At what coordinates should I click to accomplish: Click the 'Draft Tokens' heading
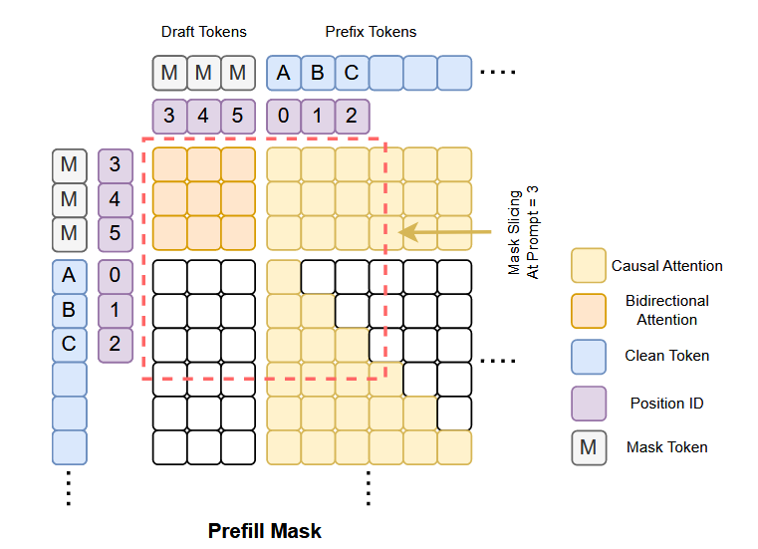pos(202,32)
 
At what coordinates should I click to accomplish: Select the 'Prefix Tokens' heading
pos(371,32)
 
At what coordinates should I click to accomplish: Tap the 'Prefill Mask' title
pos(265,530)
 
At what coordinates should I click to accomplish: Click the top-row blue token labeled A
pos(283,73)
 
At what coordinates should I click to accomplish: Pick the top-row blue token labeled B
pos(318,73)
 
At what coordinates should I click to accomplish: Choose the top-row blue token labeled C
pos(352,73)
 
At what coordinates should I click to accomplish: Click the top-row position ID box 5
pos(238,115)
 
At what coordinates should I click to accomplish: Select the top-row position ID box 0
pos(283,115)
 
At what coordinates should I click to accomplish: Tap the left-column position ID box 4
pos(115,199)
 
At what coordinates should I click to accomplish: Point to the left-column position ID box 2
pos(115,344)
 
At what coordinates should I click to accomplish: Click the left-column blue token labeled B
pos(69,309)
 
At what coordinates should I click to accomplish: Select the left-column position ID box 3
pos(115,164)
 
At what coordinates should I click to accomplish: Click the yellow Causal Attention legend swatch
pos(589,266)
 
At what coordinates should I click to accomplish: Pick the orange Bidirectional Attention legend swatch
pos(589,310)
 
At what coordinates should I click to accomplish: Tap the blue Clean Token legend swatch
pos(589,356)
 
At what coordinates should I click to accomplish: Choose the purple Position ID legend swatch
pos(589,403)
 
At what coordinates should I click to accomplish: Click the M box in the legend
pos(589,447)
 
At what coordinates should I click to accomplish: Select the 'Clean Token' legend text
pos(667,356)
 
